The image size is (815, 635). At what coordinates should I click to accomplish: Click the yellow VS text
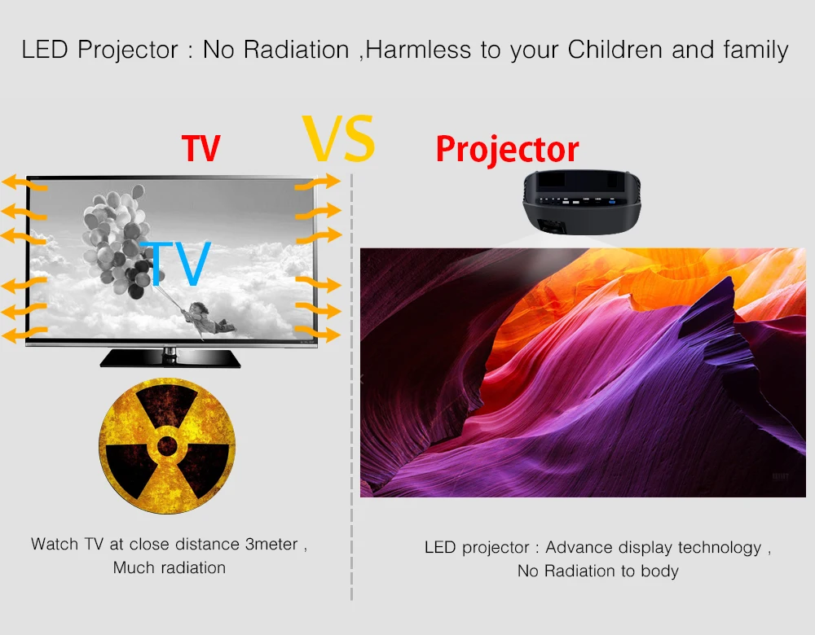click(x=338, y=138)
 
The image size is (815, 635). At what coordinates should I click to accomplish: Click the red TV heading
click(x=201, y=148)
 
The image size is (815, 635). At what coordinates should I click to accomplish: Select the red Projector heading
click(x=507, y=150)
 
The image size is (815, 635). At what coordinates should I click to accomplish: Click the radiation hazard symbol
click(x=167, y=446)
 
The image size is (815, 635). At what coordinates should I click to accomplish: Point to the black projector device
click(x=582, y=203)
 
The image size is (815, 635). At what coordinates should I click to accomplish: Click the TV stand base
click(x=170, y=358)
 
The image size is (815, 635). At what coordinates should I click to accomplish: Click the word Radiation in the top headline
click(x=297, y=50)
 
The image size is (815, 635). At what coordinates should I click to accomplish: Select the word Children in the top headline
click(x=615, y=50)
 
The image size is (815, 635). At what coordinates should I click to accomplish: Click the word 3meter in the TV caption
click(x=271, y=544)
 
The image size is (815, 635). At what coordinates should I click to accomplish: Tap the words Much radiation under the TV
click(x=170, y=567)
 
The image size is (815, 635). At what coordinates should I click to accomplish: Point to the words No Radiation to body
click(x=598, y=571)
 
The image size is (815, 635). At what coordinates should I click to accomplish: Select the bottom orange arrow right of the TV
click(x=318, y=333)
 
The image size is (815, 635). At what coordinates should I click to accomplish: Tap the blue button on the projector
click(x=612, y=201)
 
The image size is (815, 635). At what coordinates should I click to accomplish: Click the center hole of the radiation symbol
click(x=167, y=445)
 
